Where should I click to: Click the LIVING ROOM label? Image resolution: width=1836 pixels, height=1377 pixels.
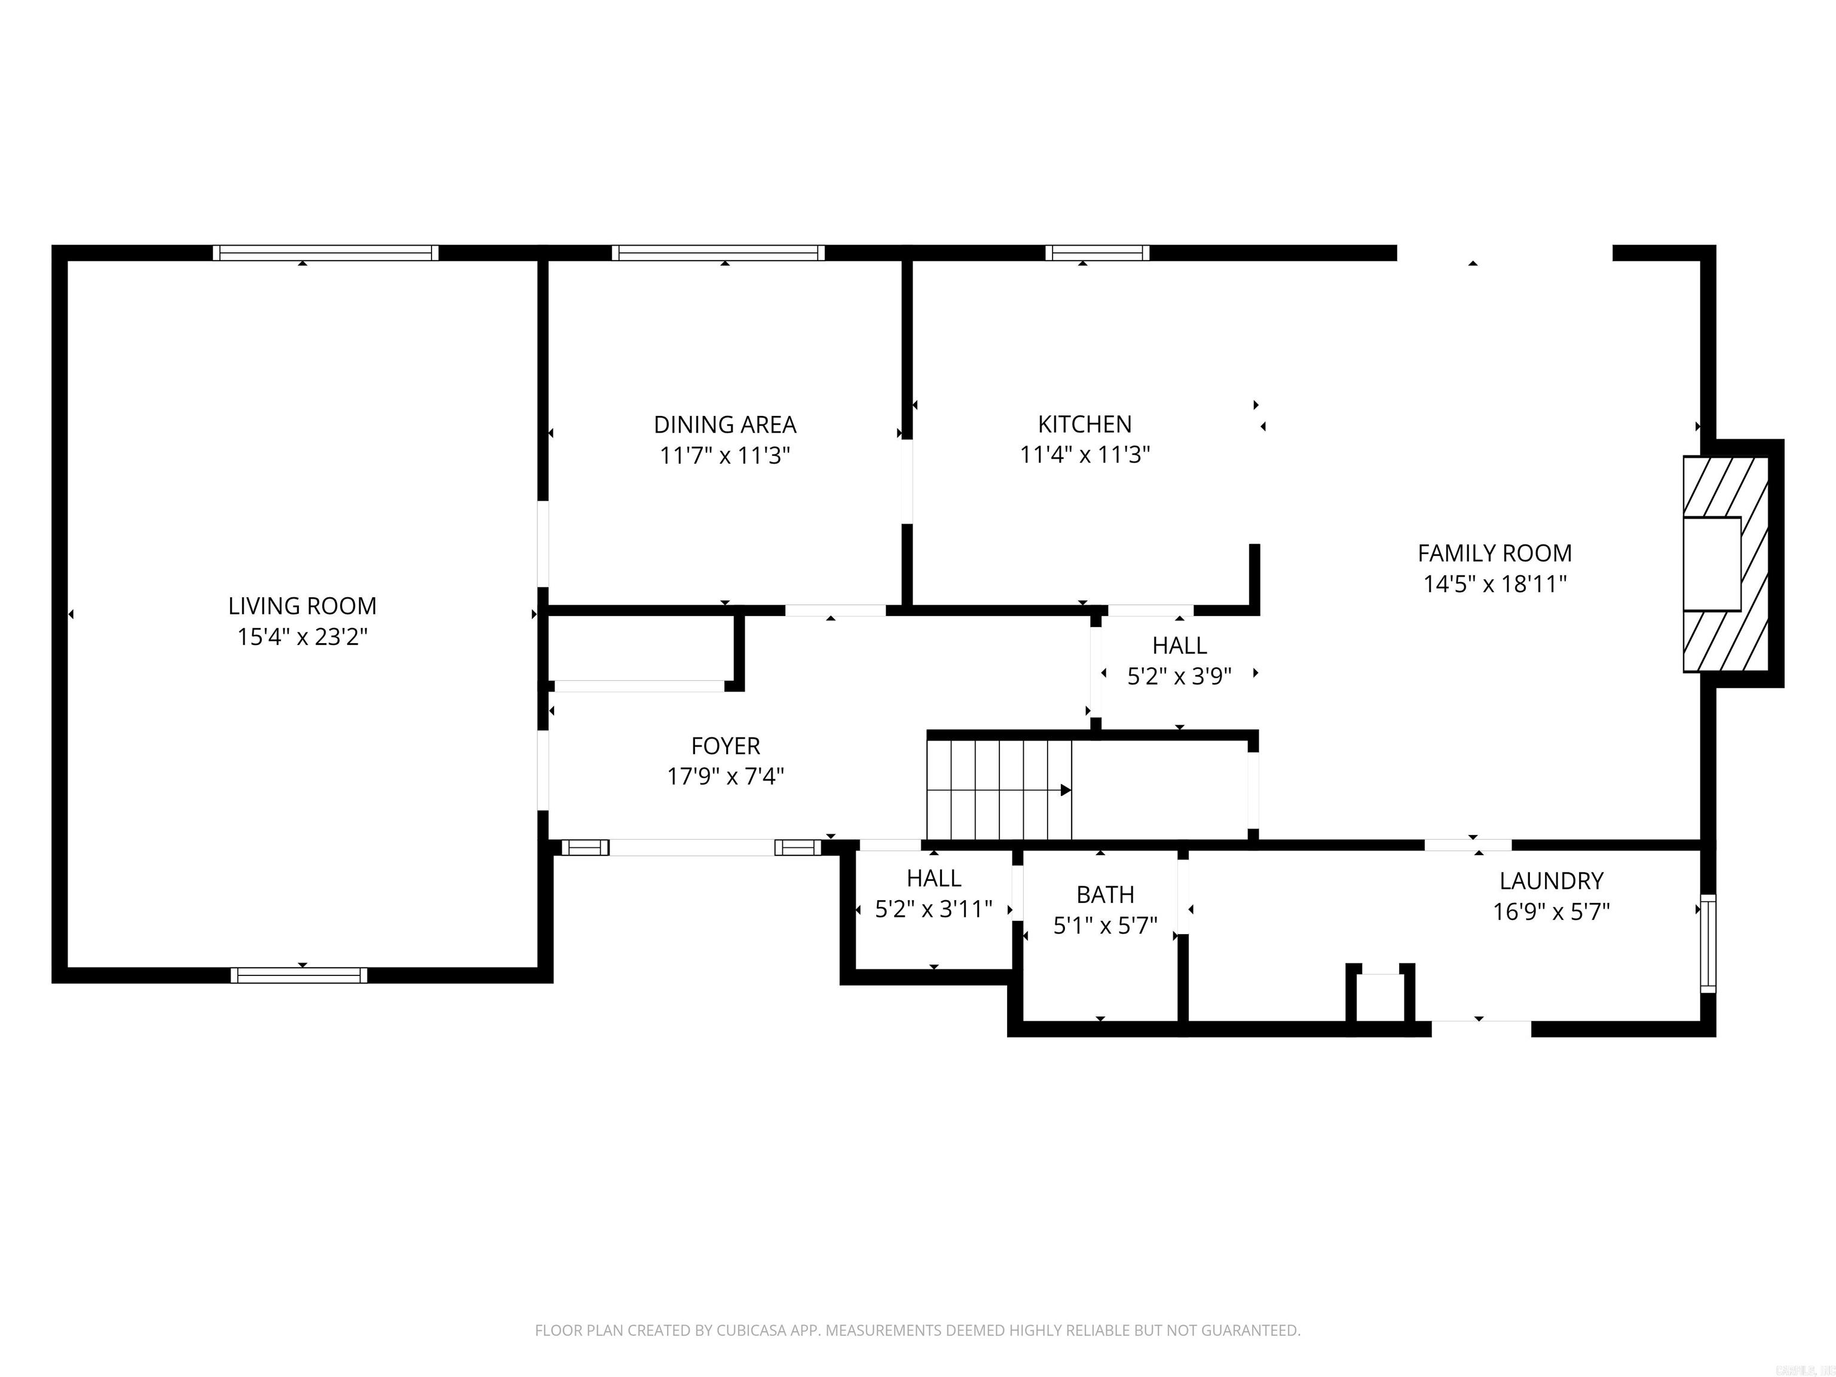coord(302,606)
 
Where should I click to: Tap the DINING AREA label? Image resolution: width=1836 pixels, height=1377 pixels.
coord(724,425)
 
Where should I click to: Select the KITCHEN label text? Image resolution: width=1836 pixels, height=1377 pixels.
coord(1084,424)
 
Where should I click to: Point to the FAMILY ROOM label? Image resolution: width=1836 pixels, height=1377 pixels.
coord(1494,553)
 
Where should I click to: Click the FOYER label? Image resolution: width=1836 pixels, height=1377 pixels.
coord(726,746)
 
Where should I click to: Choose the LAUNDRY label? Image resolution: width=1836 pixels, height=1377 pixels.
coord(1550,881)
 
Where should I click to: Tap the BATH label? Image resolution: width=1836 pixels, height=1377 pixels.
coord(1104,895)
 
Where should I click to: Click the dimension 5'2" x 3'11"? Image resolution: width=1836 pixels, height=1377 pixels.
coord(934,910)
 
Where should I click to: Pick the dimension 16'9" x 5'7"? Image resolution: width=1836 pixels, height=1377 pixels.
coord(1550,912)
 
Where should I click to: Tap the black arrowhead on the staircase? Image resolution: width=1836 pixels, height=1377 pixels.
coord(1066,790)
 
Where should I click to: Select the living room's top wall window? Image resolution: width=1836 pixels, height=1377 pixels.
coord(325,252)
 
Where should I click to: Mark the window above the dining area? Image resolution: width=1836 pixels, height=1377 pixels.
coord(718,252)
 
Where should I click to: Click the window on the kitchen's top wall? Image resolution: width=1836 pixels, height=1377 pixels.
coord(1097,252)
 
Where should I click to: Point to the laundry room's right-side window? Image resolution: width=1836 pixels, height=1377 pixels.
coord(1708,944)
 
